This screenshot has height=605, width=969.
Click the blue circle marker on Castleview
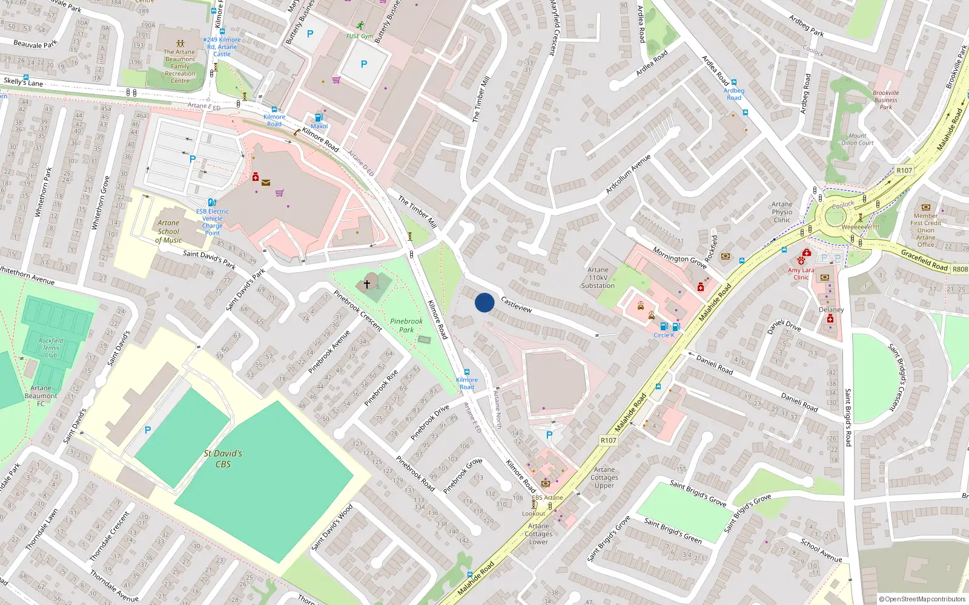pyautogui.click(x=484, y=302)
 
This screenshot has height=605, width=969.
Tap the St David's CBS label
pyautogui.click(x=223, y=459)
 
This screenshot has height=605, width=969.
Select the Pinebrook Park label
pyautogui.click(x=406, y=325)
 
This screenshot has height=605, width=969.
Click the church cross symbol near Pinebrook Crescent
pyautogui.click(x=366, y=284)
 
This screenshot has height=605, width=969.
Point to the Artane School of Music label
pyautogui.click(x=168, y=232)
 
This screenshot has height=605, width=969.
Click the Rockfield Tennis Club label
pyautogui.click(x=51, y=348)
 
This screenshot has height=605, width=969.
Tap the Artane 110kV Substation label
pyautogui.click(x=598, y=278)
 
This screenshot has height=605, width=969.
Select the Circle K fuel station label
pyautogui.click(x=664, y=335)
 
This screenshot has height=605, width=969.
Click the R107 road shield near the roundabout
pyautogui.click(x=904, y=171)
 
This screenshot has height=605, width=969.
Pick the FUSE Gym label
pyautogui.click(x=360, y=36)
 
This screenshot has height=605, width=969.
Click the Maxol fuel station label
pyautogui.click(x=319, y=126)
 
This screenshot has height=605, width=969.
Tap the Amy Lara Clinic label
pyautogui.click(x=801, y=273)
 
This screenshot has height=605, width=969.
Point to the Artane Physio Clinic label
pyautogui.click(x=782, y=212)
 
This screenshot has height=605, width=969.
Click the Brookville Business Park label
pyautogui.click(x=886, y=100)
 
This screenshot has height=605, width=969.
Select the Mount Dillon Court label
pyautogui.click(x=858, y=140)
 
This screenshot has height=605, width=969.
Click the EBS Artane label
pyautogui.click(x=547, y=498)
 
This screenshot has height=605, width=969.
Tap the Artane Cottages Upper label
pyautogui.click(x=604, y=477)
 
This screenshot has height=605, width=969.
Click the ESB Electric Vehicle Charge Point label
pyautogui.click(x=213, y=222)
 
